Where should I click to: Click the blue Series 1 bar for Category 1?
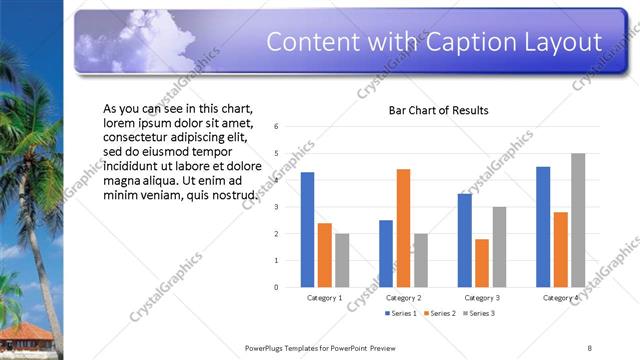[307, 230]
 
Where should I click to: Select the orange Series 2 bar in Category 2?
[403, 228]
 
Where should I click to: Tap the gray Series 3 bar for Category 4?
[578, 220]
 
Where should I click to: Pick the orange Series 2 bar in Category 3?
[482, 263]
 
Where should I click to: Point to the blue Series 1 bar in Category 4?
[543, 227]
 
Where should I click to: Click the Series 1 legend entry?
[399, 314]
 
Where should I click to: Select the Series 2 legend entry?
[439, 314]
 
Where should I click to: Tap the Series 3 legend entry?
[479, 314]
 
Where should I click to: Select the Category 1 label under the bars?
[324, 298]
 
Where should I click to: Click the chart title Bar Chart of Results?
[438, 110]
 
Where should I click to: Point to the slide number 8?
[590, 348]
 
